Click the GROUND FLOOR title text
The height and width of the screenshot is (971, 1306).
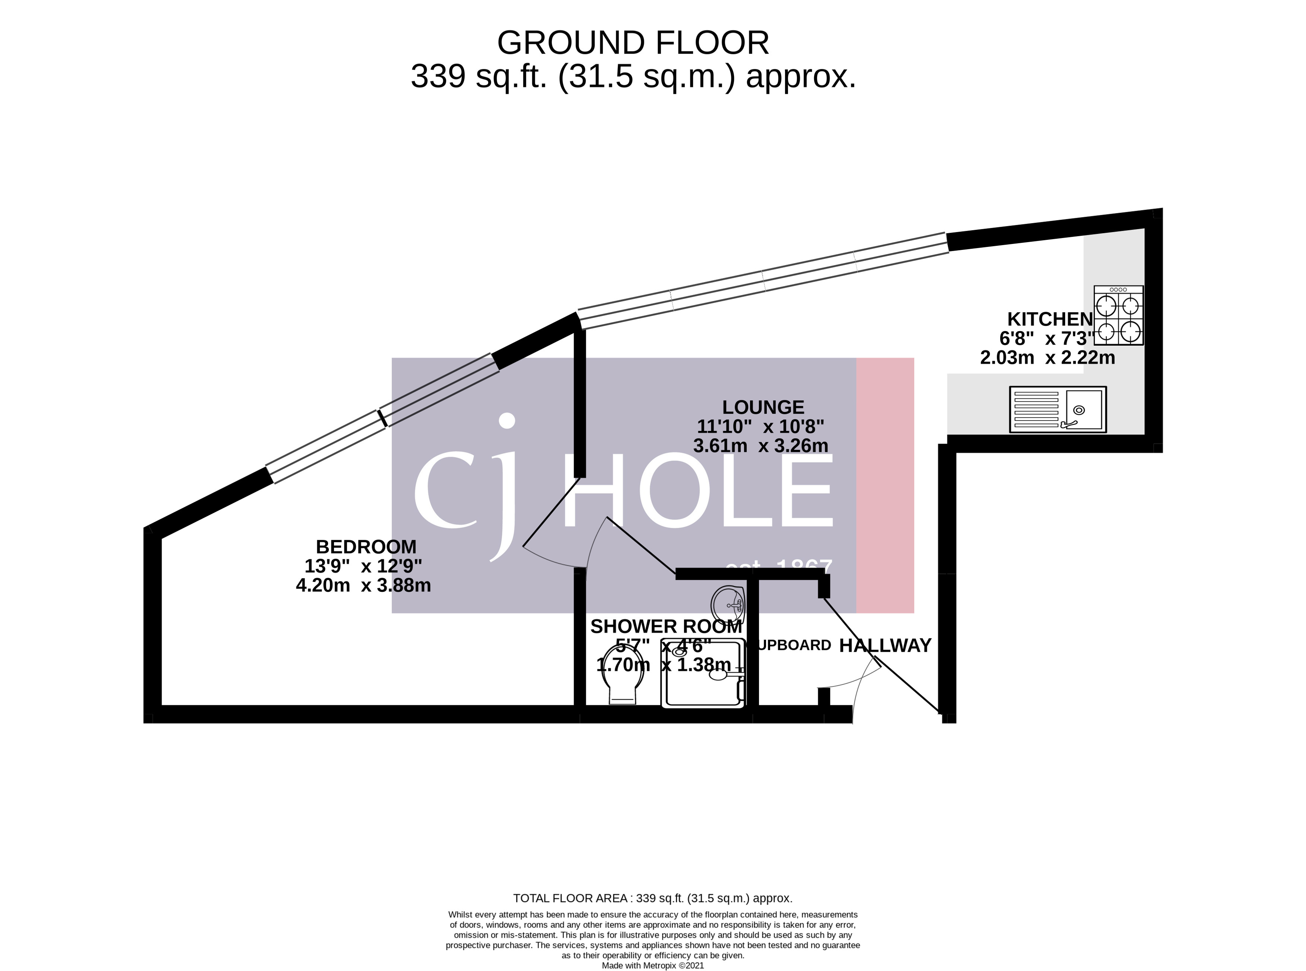point(633,43)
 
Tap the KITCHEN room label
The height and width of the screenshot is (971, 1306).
point(1050,319)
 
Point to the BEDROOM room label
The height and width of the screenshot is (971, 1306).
point(366,547)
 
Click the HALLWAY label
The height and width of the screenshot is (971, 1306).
point(884,645)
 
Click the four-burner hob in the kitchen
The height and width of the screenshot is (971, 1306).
point(1118,315)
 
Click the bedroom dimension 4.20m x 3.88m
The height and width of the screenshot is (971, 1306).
point(363,586)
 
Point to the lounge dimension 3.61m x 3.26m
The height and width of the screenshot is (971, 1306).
point(760,445)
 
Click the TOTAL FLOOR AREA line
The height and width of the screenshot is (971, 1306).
point(652,898)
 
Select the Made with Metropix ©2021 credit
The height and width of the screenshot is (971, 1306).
point(652,965)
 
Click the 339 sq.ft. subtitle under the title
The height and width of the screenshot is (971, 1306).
point(633,76)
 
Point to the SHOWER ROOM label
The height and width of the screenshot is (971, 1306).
point(666,626)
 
